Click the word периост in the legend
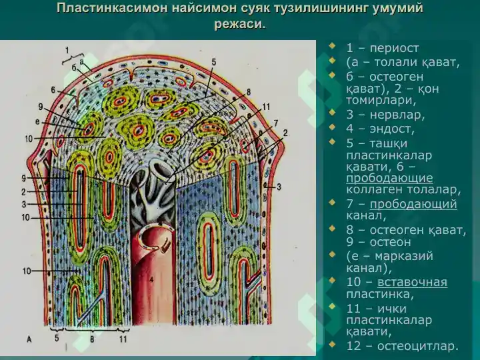click(x=394, y=49)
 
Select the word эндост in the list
click(x=392, y=129)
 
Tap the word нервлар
click(x=397, y=115)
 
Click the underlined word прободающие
click(x=389, y=178)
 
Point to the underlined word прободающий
click(x=413, y=204)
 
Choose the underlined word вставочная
click(x=412, y=281)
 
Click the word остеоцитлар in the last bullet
click(x=417, y=346)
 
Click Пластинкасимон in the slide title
click(x=112, y=8)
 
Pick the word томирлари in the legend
click(x=381, y=101)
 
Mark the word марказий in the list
click(x=404, y=256)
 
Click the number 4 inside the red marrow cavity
click(x=151, y=279)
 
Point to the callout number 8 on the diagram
click(x=248, y=92)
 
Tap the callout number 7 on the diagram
click(x=275, y=123)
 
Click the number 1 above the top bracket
click(x=67, y=50)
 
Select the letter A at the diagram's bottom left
click(x=29, y=339)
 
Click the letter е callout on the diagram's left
click(x=37, y=122)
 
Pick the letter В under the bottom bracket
click(x=92, y=339)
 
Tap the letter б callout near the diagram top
click(x=75, y=68)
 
